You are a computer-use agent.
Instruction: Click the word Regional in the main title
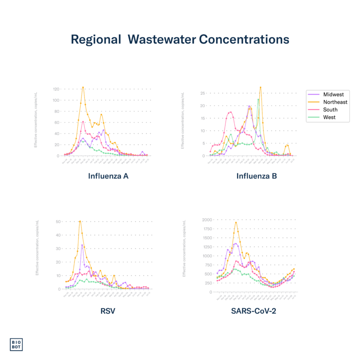click(96, 40)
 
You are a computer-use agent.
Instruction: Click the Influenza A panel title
click(108, 177)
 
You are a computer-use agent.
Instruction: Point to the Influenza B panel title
click(256, 177)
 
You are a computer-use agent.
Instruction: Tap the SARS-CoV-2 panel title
click(253, 310)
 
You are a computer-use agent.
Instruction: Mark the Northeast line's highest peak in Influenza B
click(260, 87)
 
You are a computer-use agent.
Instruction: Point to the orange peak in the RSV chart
click(80, 220)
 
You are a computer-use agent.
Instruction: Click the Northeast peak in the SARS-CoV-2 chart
click(236, 222)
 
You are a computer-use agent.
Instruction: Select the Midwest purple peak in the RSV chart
click(82, 245)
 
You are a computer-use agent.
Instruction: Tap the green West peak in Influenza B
click(258, 99)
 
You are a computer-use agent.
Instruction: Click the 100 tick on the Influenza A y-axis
click(56, 100)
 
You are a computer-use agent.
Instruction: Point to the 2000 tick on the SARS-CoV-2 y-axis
click(207, 219)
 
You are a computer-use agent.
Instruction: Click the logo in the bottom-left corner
click(16, 344)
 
